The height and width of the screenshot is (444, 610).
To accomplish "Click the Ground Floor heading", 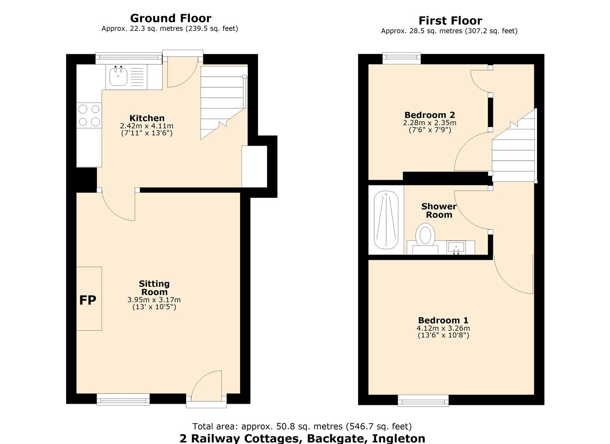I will click(x=170, y=18).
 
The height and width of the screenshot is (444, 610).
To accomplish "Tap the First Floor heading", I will click(x=450, y=21).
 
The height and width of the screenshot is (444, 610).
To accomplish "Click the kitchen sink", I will click(x=118, y=77).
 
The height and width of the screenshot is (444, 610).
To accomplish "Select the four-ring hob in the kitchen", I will click(x=89, y=115).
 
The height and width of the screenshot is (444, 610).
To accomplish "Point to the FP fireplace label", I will click(x=87, y=300).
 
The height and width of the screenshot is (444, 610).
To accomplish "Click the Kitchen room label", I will click(x=147, y=118).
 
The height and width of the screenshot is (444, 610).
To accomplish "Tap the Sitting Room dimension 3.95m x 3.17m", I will click(x=154, y=300).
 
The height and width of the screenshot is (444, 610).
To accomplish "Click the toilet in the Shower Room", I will click(x=425, y=236).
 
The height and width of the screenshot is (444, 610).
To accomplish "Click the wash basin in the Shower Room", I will click(x=456, y=247).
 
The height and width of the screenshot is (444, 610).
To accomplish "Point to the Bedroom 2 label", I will click(x=430, y=115).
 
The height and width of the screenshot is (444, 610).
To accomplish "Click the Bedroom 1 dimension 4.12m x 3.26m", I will click(x=443, y=328).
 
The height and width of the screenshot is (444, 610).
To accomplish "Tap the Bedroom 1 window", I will click(x=423, y=400).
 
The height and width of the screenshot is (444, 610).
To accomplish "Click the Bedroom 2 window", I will click(x=401, y=58).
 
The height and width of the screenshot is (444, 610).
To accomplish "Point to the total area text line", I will click(x=302, y=426).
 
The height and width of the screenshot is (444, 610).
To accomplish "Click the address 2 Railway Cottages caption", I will click(x=302, y=438).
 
